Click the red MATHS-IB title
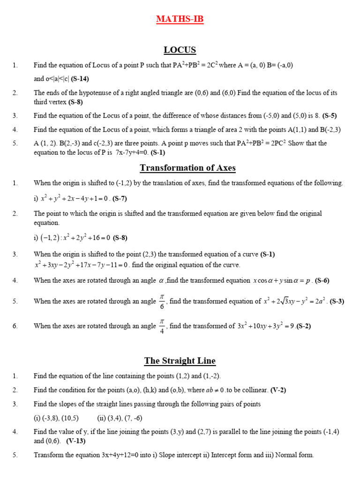coord(180,19)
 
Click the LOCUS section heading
coord(180,50)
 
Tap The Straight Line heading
coord(180,360)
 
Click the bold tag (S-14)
coord(80,79)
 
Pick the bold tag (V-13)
coord(76,441)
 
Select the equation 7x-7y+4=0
coord(131,152)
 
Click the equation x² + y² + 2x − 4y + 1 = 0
coord(75,198)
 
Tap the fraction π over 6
coord(162,301)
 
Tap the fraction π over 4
coord(162,325)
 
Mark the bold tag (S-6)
coord(322,281)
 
